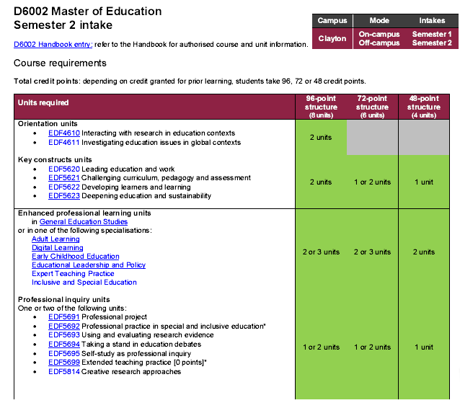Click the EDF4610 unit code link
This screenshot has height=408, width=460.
click(64, 133)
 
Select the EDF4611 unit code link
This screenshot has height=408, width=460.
click(64, 143)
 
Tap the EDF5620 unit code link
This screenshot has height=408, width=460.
click(64, 169)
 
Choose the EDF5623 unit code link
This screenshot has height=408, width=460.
click(64, 196)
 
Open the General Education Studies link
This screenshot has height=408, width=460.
click(84, 222)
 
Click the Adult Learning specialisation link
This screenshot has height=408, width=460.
click(56, 239)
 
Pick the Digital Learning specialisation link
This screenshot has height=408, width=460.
click(58, 248)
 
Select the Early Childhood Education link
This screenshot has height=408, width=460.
click(76, 257)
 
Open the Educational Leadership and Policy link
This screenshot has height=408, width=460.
click(89, 265)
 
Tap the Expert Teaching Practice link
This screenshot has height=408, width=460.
click(73, 274)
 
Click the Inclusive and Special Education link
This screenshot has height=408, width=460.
click(84, 283)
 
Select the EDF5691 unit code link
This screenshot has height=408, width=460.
click(64, 317)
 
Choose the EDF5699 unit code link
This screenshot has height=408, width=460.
click(64, 363)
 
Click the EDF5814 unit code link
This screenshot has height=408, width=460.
click(64, 372)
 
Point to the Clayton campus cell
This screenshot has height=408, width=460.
click(332, 38)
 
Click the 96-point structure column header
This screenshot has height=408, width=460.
click(321, 107)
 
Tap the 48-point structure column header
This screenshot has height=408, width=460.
click(423, 107)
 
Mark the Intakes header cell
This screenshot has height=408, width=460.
click(432, 21)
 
